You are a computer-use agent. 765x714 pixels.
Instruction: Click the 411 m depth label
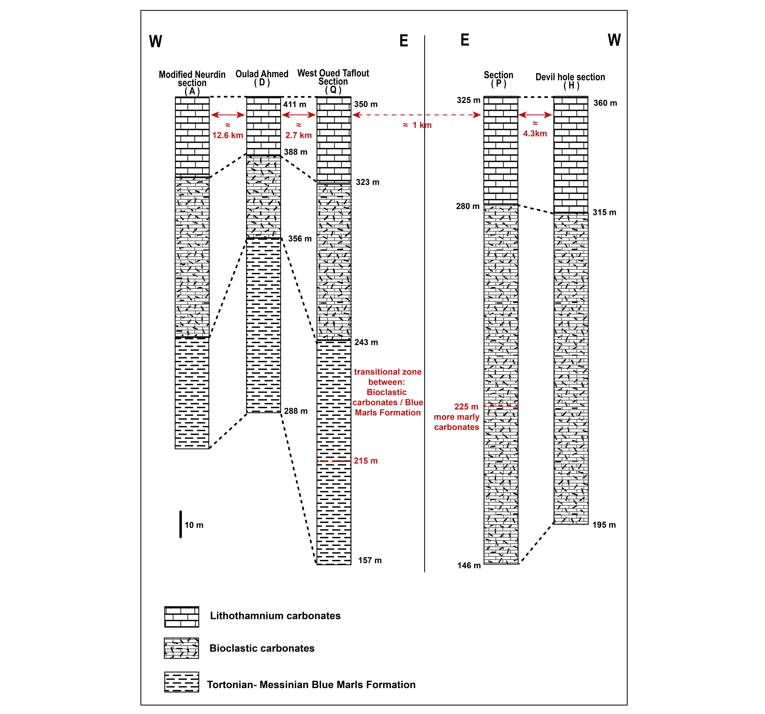295,104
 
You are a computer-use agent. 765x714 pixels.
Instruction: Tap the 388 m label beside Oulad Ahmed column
295,152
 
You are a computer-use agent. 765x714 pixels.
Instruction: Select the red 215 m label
366,461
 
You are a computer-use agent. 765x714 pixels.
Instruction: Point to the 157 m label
370,560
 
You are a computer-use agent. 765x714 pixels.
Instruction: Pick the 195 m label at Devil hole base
604,525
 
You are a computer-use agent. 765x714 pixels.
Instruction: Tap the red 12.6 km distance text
228,135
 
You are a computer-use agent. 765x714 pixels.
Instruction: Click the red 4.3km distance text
535,134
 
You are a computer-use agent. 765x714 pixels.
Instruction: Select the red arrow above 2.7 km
299,115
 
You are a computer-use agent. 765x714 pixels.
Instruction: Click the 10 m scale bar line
180,524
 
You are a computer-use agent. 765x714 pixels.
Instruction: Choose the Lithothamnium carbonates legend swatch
182,617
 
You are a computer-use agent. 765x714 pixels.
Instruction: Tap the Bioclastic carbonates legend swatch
182,648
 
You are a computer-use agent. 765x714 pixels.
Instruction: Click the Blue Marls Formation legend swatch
182,682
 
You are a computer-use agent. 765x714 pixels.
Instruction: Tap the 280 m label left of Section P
468,206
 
